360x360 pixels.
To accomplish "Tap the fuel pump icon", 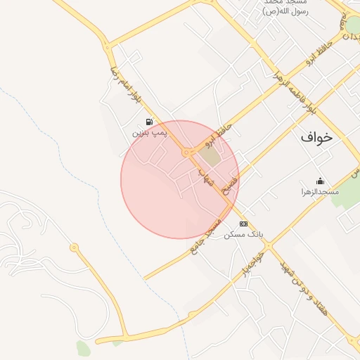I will [x=149, y=122].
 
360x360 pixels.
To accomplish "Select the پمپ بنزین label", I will [x=150, y=132].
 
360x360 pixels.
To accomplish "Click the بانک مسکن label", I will [x=243, y=234].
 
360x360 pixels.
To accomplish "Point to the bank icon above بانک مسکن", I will [x=243, y=224].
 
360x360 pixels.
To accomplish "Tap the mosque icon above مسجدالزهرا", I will [x=321, y=181].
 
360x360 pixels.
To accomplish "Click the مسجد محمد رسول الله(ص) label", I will [x=289, y=8].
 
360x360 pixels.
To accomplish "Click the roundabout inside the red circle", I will [x=186, y=152].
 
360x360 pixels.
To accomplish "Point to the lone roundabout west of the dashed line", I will [x=74, y=247].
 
